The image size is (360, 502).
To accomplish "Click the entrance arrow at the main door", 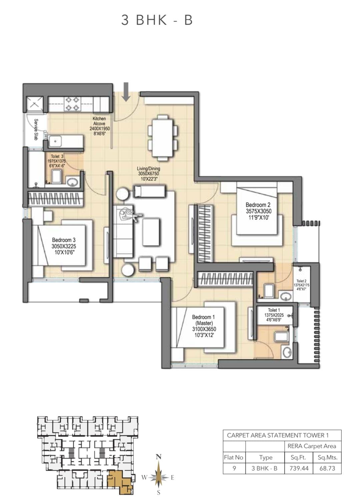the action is pos(126,92).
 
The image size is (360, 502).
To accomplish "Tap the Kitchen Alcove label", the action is pos(99,121).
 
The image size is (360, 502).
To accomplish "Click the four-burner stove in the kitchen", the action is pos(72,103).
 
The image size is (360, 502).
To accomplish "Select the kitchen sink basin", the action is pos(55,141).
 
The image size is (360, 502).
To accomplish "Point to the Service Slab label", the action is pos(36,129).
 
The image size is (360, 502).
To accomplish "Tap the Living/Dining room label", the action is pos(148,168).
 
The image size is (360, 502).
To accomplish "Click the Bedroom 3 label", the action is pos(64,240).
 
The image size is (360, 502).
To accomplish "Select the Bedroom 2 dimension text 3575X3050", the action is pos(259,211).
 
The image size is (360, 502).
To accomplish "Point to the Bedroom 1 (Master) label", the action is pos(203,320).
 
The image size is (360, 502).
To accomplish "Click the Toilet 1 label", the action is pos(274,310).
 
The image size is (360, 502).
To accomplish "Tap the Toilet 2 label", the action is pos(301,281).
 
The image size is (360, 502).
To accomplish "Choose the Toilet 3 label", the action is pos(57,156).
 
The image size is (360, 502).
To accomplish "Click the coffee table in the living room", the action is pos(151,232).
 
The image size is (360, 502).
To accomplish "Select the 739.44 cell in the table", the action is pos(299,468).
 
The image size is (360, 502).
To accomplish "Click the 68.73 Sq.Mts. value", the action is pos(327,468).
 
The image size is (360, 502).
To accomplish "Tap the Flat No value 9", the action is pos(234,468).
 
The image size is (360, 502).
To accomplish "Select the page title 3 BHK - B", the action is pos(157,20).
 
